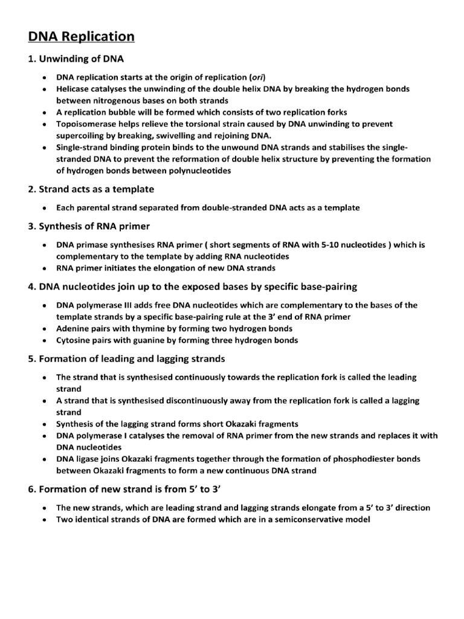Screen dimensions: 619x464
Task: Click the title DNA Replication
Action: pyautogui.click(x=81, y=37)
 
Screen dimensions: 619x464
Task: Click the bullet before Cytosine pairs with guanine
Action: pyautogui.click(x=45, y=340)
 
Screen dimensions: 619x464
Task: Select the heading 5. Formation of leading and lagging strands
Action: pyautogui.click(x=126, y=358)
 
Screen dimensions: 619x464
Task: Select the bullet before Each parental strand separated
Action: pyautogui.click(x=45, y=208)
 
